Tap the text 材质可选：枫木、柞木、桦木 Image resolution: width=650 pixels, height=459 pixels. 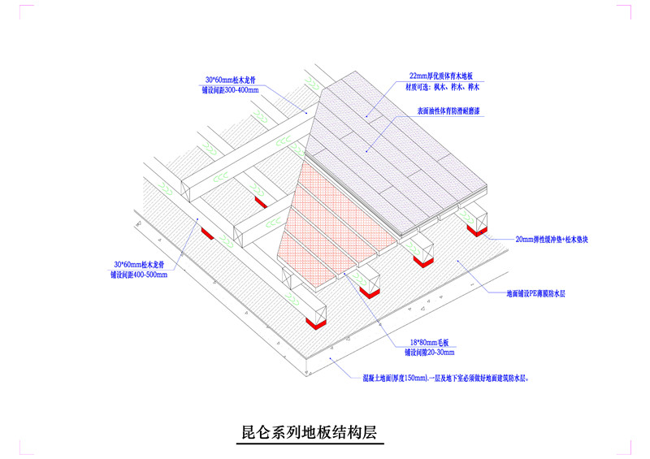pyautogui.click(x=444, y=85)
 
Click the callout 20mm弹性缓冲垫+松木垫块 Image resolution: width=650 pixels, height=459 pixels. pyautogui.click(x=553, y=240)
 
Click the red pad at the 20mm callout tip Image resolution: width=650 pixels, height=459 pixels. pyautogui.click(x=474, y=231)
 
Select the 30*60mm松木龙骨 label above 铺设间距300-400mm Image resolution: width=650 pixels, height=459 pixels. pyautogui.click(x=232, y=80)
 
